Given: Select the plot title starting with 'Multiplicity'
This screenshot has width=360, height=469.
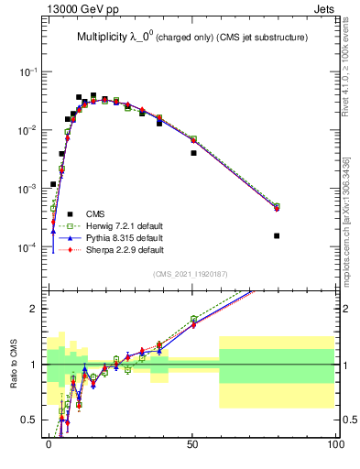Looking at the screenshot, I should pyautogui.click(x=191, y=38).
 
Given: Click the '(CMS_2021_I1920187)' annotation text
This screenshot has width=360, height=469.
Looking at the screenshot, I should pyautogui.click(x=191, y=273).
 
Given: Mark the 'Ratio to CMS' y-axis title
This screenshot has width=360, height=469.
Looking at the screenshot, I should pyautogui.click(x=16, y=363).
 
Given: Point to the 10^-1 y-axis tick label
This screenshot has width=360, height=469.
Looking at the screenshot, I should pyautogui.click(x=31, y=71).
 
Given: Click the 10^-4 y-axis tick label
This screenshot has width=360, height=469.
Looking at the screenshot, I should pyautogui.click(x=31, y=247).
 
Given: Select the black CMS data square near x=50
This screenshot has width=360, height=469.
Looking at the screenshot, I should pyautogui.click(x=193, y=153).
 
